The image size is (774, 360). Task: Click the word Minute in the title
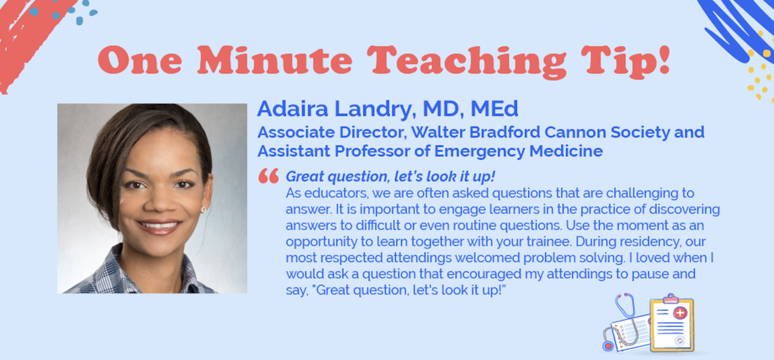point(275,61)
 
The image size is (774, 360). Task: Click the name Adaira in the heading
point(293,108)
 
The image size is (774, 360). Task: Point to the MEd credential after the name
point(495,108)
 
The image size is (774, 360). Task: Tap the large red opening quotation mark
point(268,175)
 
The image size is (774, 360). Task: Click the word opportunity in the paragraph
point(321,242)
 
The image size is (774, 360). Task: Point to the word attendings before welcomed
point(418,258)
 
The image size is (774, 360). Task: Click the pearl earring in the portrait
point(204,209)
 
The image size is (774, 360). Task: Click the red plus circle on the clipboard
point(680,313)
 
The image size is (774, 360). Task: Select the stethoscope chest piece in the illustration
point(608,345)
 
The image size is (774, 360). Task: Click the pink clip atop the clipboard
point(671,299)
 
